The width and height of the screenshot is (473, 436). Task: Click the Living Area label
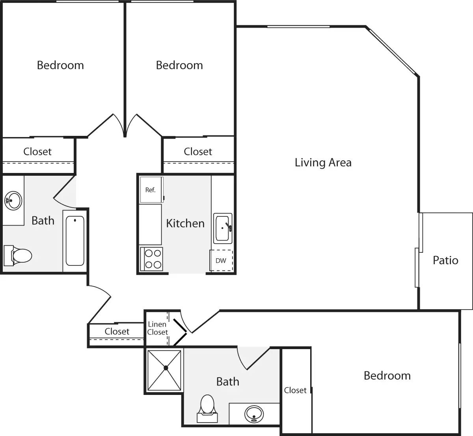323,162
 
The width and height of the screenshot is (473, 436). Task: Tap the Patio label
445,260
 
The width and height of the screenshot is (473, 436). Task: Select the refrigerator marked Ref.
151,190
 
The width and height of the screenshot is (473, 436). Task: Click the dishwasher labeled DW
221,261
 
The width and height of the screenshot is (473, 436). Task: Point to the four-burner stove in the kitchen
152,259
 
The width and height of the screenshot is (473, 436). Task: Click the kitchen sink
223,228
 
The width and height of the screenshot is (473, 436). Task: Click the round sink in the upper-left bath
13,200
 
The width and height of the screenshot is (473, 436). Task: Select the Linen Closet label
157,328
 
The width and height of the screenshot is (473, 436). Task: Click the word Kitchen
185,223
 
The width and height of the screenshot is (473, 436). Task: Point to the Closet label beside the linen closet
117,331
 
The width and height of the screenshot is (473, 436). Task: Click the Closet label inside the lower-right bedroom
295,390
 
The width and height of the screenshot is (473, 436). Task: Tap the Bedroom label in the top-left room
60,65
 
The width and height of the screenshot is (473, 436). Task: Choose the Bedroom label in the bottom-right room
387,376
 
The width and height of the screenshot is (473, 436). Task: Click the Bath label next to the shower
227,381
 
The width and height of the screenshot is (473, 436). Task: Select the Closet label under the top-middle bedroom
198,152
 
